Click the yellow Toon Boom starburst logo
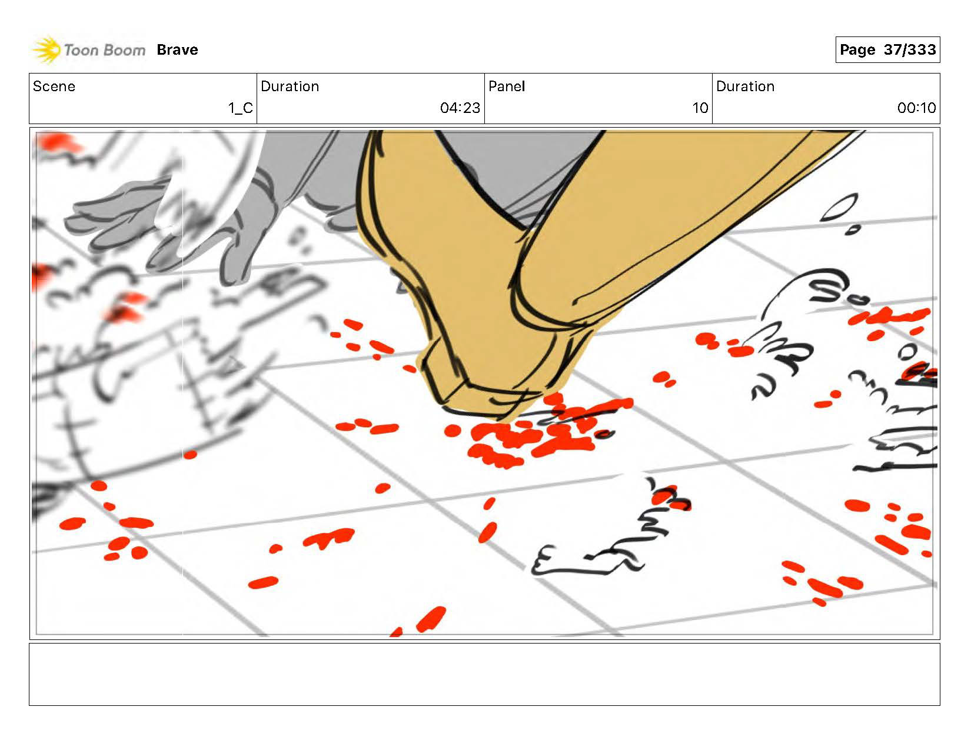click(46, 49)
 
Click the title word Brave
click(177, 49)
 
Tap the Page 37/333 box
click(887, 49)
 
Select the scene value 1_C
click(241, 108)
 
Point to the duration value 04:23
click(460, 108)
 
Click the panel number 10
click(700, 108)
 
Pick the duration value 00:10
click(916, 108)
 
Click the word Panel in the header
click(507, 86)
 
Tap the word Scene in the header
click(54, 86)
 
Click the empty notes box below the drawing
click(484, 675)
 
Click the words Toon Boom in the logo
click(105, 50)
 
